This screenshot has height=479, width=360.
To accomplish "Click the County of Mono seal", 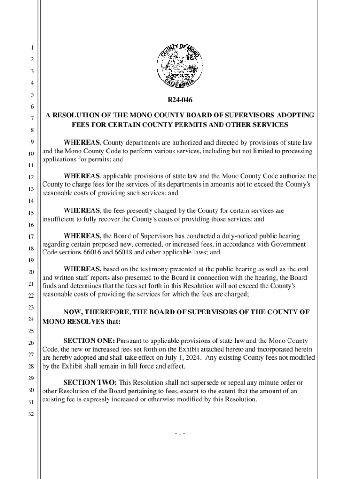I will (x=180, y=67).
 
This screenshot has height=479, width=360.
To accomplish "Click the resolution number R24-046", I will (x=180, y=100).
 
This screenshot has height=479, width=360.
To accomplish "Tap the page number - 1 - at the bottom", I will (x=180, y=433).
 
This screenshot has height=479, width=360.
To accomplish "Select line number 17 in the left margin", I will (x=29, y=236).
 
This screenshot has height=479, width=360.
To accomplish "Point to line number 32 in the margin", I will (x=29, y=414).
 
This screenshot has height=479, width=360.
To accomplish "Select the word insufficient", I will (x=58, y=219).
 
